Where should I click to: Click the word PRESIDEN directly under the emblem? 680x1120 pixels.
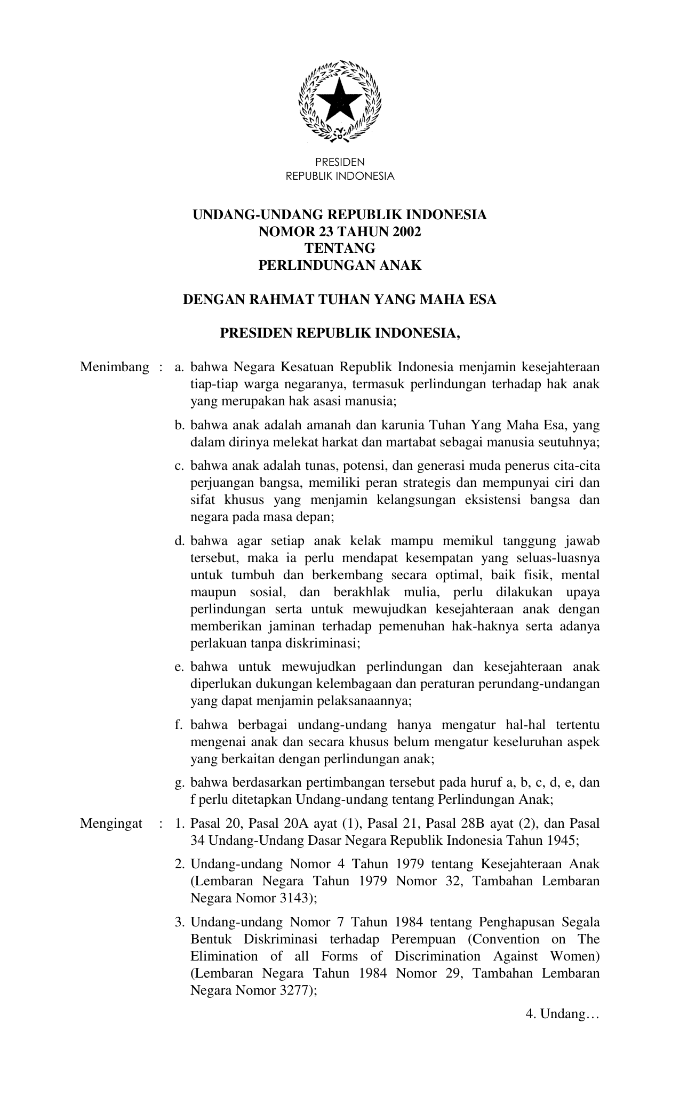point(340,162)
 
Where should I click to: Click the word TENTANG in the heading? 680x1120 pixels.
point(340,249)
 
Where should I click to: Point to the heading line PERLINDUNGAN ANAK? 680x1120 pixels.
point(340,266)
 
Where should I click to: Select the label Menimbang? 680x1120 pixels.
point(114,367)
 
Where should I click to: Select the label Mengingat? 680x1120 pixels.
point(111,823)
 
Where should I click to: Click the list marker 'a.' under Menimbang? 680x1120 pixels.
point(179,367)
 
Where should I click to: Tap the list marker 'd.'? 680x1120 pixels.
point(179,541)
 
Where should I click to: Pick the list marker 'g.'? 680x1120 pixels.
point(179,783)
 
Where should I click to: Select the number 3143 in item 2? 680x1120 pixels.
point(290,898)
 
